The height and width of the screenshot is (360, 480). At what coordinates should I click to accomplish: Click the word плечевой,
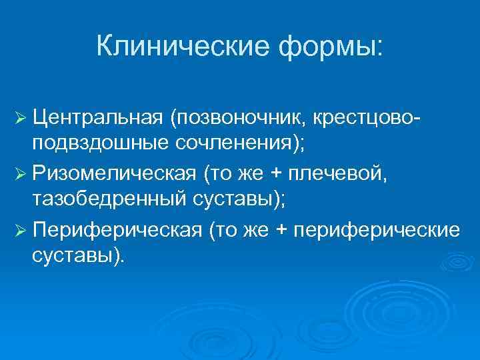pyautogui.click(x=346, y=175)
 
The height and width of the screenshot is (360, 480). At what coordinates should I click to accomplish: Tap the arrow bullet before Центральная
pyautogui.click(x=19, y=118)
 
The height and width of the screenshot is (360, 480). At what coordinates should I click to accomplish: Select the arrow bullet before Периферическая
pyautogui.click(x=19, y=231)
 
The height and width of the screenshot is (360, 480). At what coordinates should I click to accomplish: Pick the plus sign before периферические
pyautogui.click(x=283, y=231)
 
